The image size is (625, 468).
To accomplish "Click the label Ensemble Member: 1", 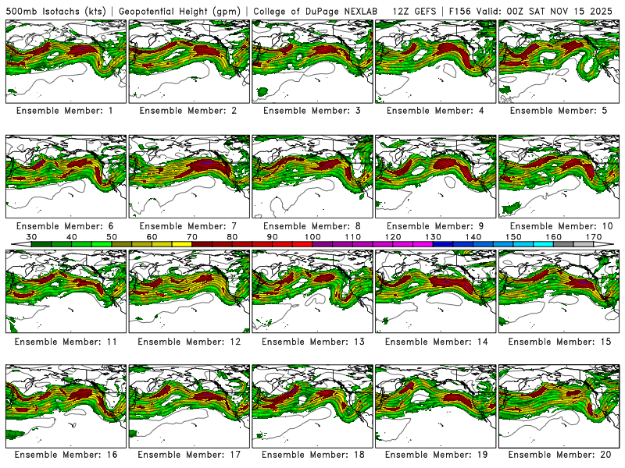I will point(65,111).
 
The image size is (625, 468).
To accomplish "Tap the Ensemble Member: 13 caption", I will point(312,342).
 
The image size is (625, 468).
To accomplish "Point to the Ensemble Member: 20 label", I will point(559,454).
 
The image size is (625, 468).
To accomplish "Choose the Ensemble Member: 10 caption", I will point(559,226).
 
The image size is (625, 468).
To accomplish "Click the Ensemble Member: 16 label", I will point(65,454).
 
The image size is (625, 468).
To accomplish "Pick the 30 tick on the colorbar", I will point(32,236).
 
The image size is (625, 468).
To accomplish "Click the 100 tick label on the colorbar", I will point(312,236).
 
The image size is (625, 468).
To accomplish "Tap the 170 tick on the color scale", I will point(593,236).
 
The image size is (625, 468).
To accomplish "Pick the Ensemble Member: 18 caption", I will point(312,454).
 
